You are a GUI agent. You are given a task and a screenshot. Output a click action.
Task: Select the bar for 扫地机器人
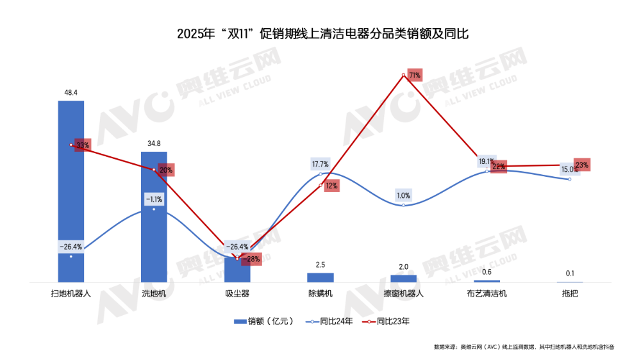[x=71, y=192]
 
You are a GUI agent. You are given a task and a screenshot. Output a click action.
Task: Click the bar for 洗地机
[x=154, y=218]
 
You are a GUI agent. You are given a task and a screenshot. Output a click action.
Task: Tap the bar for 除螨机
[x=320, y=277]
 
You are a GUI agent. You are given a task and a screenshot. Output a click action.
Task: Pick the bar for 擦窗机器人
[x=404, y=278]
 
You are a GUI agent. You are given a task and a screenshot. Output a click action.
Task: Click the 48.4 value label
[x=71, y=93]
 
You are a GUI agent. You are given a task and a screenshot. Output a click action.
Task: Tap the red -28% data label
[x=253, y=259]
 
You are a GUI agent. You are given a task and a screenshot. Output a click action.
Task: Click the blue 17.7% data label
[x=320, y=165]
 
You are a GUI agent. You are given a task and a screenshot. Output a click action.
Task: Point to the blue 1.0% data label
[x=404, y=195]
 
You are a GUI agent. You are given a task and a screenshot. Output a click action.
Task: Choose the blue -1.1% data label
[x=154, y=199]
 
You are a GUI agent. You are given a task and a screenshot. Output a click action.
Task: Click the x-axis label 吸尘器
[x=237, y=294]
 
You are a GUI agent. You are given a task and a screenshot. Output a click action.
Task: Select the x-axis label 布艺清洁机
[x=487, y=294]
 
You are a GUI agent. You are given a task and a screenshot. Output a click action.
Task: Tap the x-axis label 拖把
[x=570, y=294]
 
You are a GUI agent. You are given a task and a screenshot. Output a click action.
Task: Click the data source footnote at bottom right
[x=524, y=347]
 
